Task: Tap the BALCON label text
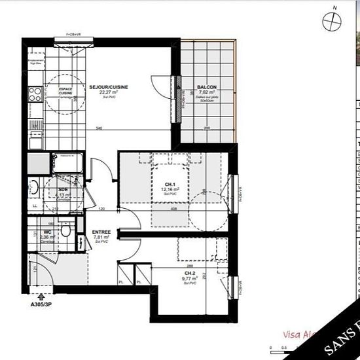click(x=207, y=87)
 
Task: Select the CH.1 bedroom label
click(x=170, y=184)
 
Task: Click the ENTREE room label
click(x=101, y=232)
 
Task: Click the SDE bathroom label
click(x=63, y=189)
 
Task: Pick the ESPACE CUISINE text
click(x=65, y=91)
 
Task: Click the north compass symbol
click(x=333, y=21)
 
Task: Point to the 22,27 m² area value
click(x=107, y=92)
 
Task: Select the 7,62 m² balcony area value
click(x=207, y=92)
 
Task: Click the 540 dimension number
click(x=99, y=128)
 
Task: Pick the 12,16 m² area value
click(x=170, y=189)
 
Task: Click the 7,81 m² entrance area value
click(x=101, y=237)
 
